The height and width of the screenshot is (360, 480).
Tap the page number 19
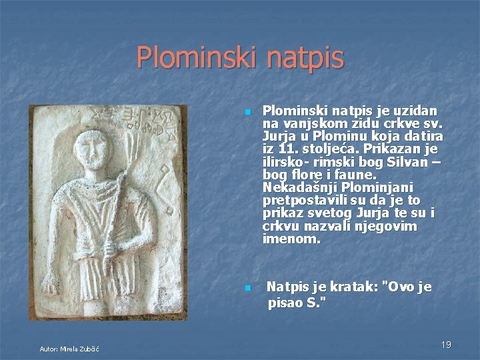click(x=446, y=344)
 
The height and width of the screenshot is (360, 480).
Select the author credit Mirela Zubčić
click(x=69, y=349)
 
